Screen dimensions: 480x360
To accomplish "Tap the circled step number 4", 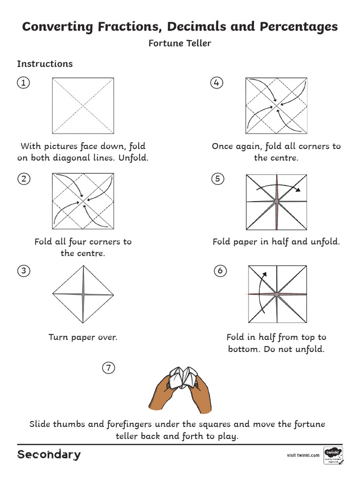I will click(216, 83).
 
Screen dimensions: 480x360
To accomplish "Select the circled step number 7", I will click(108, 368).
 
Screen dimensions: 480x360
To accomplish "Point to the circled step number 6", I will click(220, 270).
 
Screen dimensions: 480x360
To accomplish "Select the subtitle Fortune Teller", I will click(180, 44).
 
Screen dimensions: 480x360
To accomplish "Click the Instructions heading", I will click(45, 64).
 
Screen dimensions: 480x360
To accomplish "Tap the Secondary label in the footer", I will click(49, 454).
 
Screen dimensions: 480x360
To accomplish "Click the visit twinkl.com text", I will click(303, 455).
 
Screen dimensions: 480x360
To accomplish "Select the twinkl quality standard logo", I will click(333, 455).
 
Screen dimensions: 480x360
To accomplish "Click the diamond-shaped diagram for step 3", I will click(83, 294).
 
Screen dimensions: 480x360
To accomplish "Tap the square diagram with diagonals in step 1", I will click(83, 105).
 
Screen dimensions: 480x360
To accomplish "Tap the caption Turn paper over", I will click(83, 337).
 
